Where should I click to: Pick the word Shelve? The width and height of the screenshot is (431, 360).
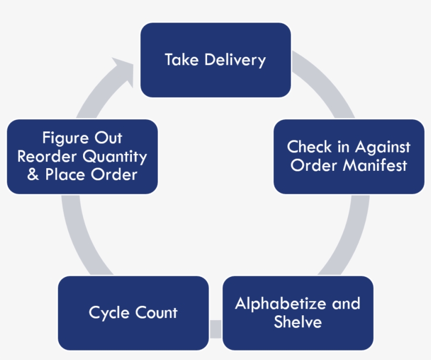tap(297, 322)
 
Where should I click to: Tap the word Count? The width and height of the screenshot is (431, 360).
tap(157, 313)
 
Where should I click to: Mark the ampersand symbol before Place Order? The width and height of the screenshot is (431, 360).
tap(33, 175)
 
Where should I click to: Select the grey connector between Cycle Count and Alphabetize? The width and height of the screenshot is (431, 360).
tap(215, 329)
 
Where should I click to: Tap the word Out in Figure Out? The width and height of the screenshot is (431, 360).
tap(108, 138)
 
